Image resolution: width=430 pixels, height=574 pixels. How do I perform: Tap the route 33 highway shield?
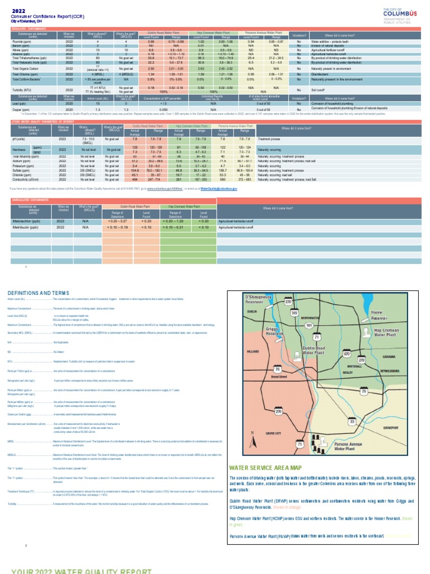pos(352,420)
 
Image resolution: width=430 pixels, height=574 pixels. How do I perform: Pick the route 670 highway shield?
pos(347,354)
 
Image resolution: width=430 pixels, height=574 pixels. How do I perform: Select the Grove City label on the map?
pos(273,433)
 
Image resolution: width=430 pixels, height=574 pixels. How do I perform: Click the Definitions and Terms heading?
pos(38,293)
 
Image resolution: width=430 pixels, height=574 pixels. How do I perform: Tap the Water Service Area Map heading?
pos(265,467)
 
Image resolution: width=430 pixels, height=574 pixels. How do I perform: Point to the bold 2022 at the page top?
pos(18,11)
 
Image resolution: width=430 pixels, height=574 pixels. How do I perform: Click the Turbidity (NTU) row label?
pos(22,90)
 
